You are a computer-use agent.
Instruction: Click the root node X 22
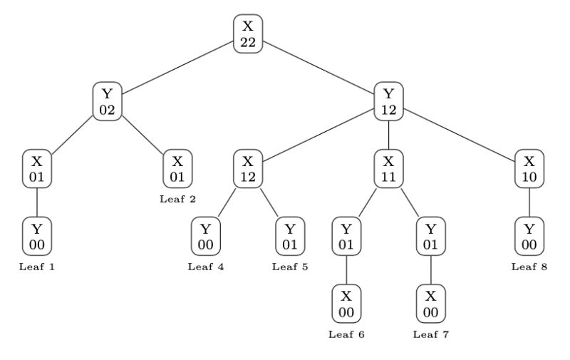[x=247, y=34]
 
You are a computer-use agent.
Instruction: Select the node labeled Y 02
[x=107, y=101]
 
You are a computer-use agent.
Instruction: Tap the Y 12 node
[x=388, y=101]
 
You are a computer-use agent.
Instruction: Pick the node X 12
[x=247, y=169]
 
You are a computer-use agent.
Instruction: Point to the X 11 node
[x=388, y=169]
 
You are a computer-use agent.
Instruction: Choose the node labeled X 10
[x=529, y=169]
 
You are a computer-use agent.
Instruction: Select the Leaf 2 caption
[x=177, y=199]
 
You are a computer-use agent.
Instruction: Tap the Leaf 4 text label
[x=205, y=267]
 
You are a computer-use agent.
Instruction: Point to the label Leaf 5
[x=290, y=267]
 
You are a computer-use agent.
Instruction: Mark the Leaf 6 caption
[x=346, y=334]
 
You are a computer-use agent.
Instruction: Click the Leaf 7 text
[x=431, y=334]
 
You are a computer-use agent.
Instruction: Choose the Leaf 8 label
[x=529, y=267]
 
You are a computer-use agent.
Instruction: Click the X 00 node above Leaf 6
[x=346, y=304]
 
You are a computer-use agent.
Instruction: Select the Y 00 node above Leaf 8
[x=529, y=237]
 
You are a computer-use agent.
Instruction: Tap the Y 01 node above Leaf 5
[x=290, y=237]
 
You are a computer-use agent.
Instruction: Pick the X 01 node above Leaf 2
[x=177, y=169]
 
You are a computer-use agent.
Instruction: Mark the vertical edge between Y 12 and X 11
[x=388, y=135]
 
